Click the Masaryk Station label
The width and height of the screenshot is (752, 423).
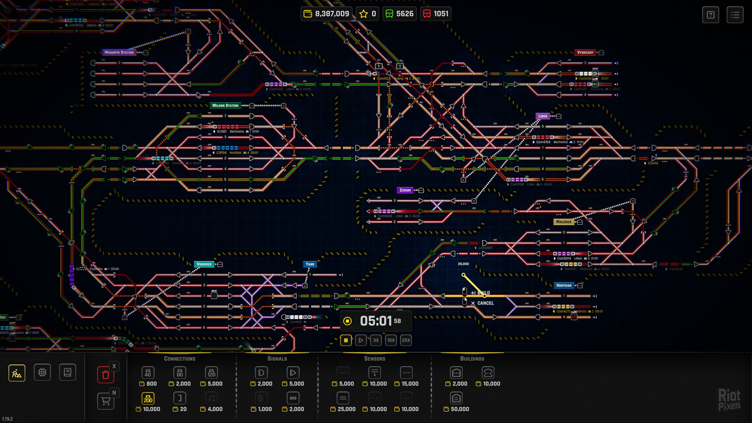coord(119,52)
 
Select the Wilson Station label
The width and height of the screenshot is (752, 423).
coord(225,105)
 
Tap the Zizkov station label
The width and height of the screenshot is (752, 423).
coord(405,190)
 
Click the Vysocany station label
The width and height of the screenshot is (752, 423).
coord(585,52)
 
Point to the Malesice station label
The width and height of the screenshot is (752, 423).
coord(564,222)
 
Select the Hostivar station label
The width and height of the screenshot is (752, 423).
coord(564,285)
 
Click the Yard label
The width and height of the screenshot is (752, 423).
coord(310,264)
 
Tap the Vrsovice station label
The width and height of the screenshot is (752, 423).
coord(204,264)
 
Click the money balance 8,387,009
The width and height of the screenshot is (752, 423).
coord(326,14)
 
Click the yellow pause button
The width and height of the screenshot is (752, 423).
coord(346,340)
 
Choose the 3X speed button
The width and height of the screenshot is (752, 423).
coord(376,340)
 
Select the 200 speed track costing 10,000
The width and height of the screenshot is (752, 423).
coord(148,398)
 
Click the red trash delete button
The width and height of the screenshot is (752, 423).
coord(106,375)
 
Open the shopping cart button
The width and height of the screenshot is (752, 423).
coord(106,401)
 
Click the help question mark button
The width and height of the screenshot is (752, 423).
coord(711,15)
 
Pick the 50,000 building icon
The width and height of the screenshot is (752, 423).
coord(456,398)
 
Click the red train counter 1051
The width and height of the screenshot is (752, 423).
coord(436,14)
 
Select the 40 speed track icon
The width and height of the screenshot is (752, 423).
coord(148,373)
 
